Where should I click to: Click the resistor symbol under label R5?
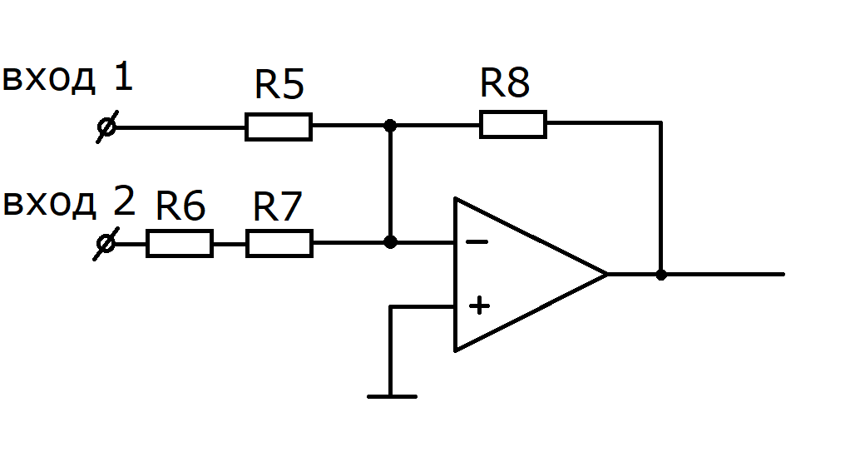coord(279,127)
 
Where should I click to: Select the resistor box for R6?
coord(180,243)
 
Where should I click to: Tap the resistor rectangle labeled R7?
coord(279,243)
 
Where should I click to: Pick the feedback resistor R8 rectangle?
coord(513,124)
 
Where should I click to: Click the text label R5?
coord(279,85)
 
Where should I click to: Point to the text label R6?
coord(180,205)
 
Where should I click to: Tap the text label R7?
coord(278,206)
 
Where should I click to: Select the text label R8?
coord(505,82)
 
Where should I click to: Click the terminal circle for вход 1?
coord(106,127)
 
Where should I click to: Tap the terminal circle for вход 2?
coord(106,243)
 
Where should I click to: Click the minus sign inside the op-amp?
coord(477,241)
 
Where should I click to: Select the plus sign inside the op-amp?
coord(479,306)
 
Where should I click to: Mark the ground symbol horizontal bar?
coord(392,397)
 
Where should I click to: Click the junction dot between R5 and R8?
coord(390,126)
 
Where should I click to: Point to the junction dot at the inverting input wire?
coord(390,241)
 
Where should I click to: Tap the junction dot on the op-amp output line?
coord(661,275)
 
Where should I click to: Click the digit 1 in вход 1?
coord(124,77)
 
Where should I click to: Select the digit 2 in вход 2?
coord(124,201)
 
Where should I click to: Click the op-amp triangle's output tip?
coord(607,274)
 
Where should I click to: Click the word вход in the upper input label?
coord(49,79)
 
